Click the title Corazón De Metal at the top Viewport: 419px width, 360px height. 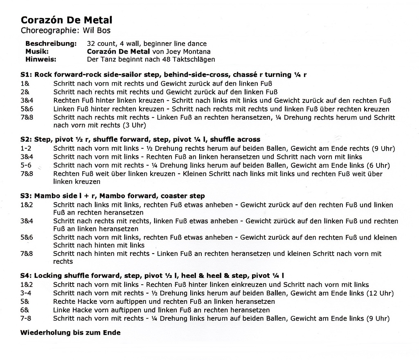pyautogui.click(x=66, y=20)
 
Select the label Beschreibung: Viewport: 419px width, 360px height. pyautogui.click(x=51, y=44)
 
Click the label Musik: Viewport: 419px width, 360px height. pyautogui.click(x=37, y=52)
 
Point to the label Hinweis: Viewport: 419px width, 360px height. pyautogui.click(x=41, y=59)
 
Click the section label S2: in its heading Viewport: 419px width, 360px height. pyautogui.click(x=27, y=139)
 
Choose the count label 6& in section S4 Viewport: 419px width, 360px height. pyautogui.click(x=25, y=310)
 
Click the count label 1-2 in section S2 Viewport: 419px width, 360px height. pyautogui.click(x=26, y=148)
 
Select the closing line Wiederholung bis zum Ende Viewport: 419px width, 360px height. pyautogui.click(x=70, y=333)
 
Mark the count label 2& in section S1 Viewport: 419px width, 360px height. pyautogui.click(x=25, y=91)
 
